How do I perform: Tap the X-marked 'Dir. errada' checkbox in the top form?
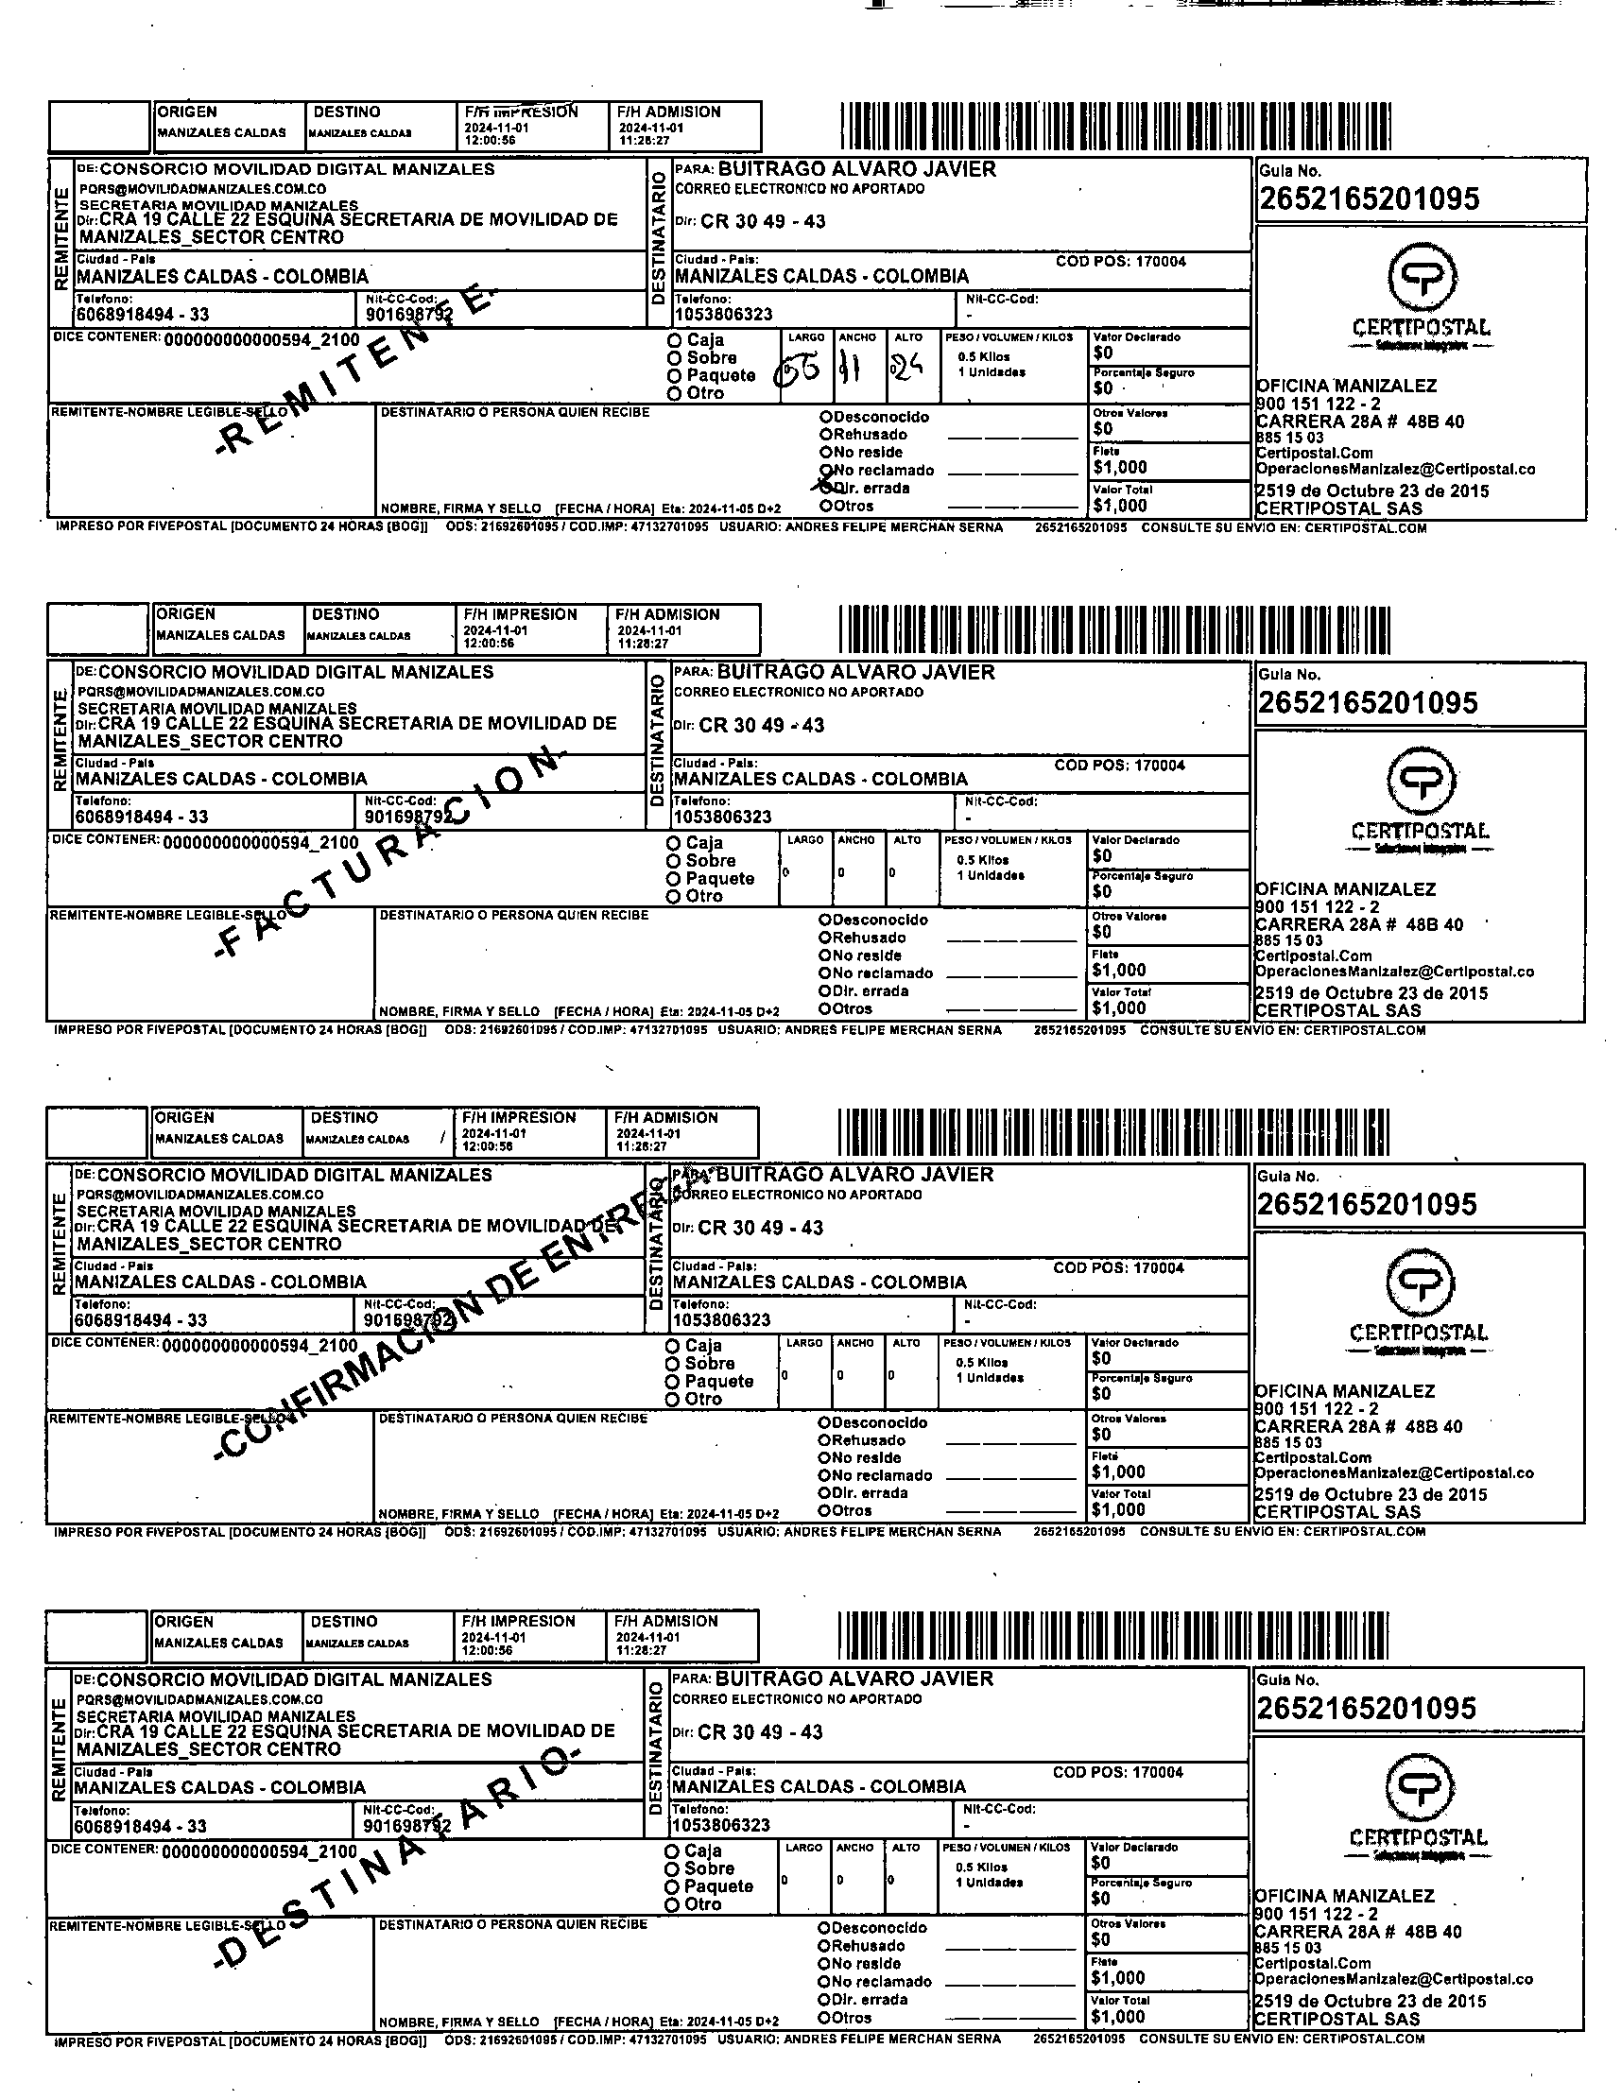(826, 489)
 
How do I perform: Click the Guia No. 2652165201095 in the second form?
(1367, 703)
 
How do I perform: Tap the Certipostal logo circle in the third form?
(1420, 1282)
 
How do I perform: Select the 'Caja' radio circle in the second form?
(673, 843)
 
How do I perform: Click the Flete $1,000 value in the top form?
(1119, 467)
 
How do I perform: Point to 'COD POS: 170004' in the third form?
(1118, 1267)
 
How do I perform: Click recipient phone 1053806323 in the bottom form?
(721, 1825)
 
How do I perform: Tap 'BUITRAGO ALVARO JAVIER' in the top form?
(857, 169)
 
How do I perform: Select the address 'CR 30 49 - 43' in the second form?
(761, 725)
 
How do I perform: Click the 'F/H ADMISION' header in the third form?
(665, 1117)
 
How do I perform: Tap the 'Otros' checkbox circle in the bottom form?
(824, 2018)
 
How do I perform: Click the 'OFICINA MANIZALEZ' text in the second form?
(1345, 889)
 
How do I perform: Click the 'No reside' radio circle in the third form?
(824, 1457)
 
